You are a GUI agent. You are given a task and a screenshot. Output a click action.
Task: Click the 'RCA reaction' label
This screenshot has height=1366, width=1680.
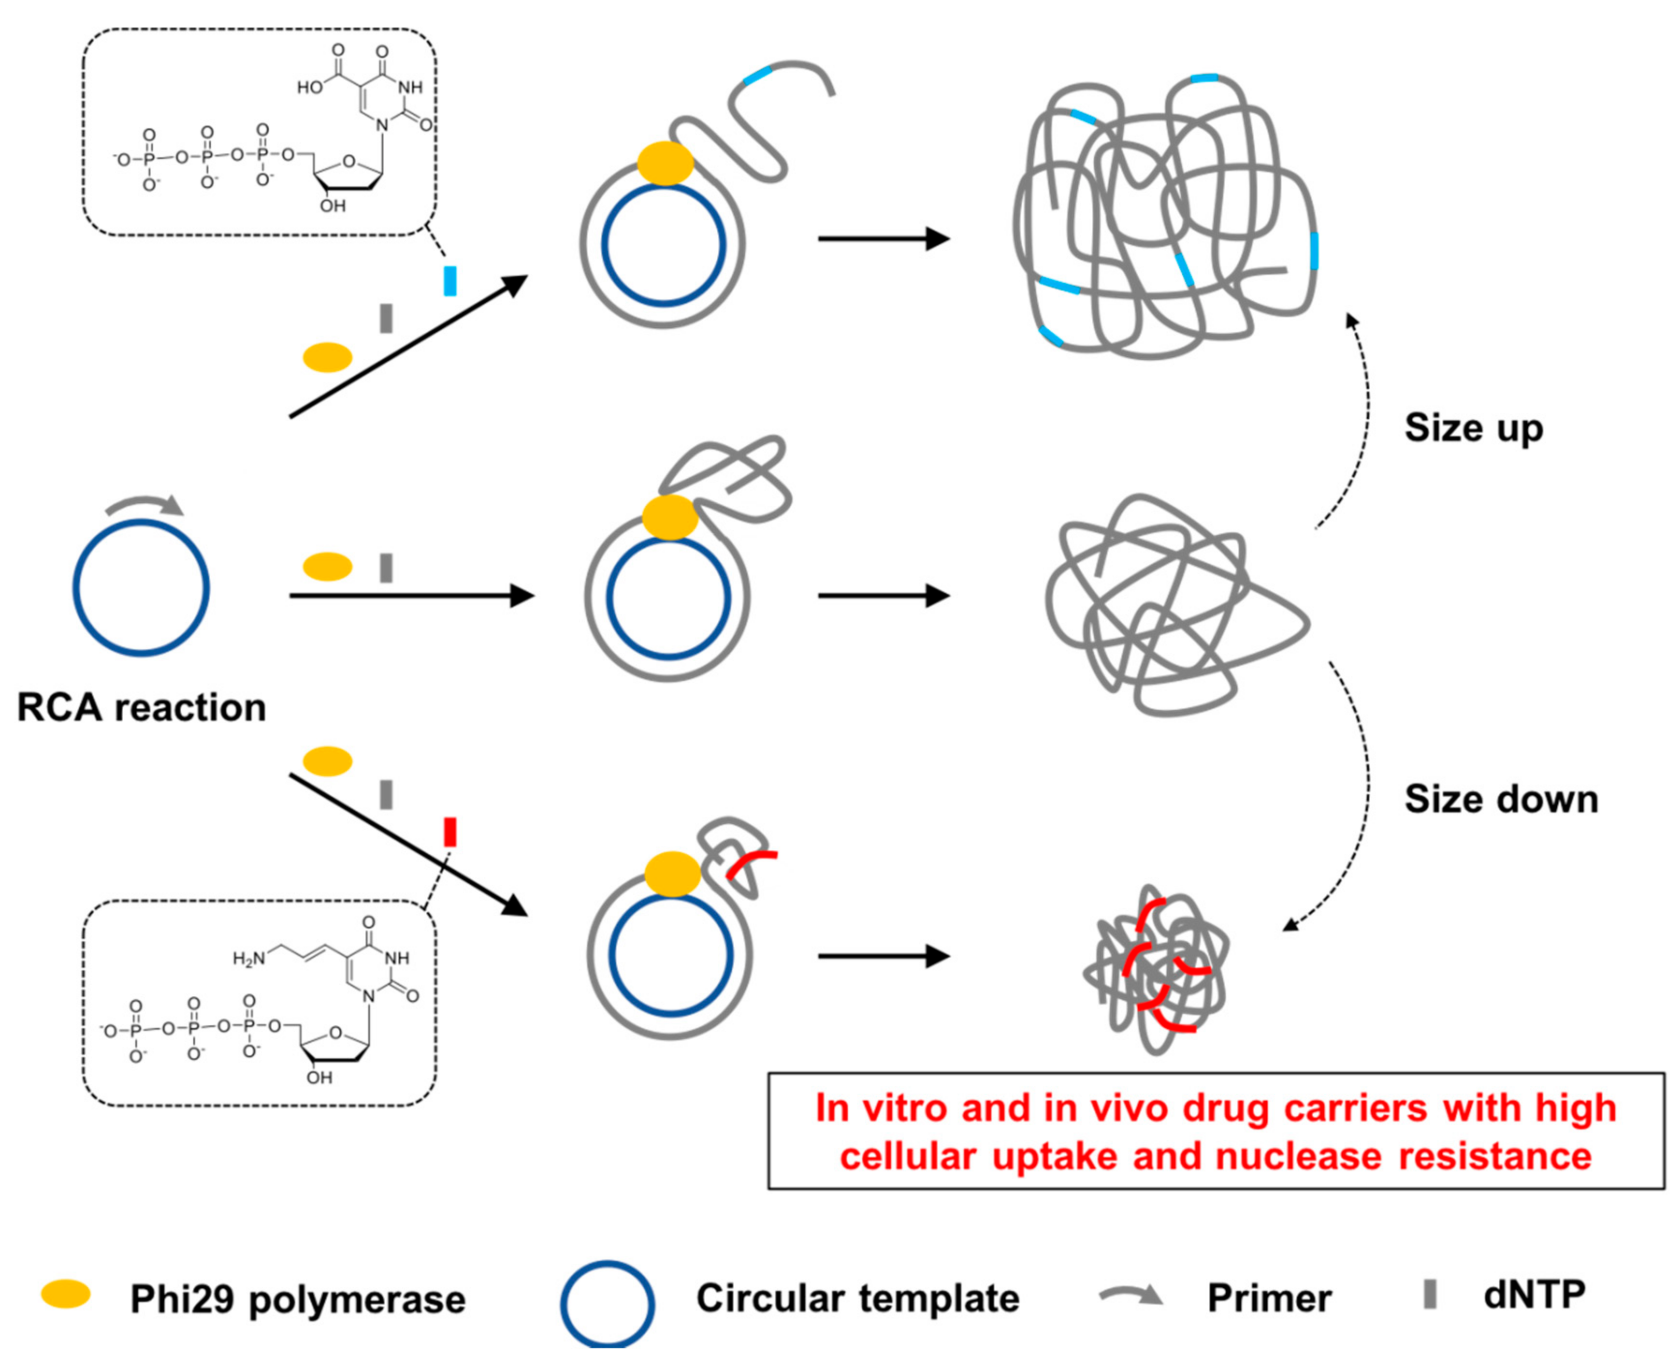(x=142, y=707)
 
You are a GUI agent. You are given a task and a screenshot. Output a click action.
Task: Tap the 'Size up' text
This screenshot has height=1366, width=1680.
(x=1473, y=429)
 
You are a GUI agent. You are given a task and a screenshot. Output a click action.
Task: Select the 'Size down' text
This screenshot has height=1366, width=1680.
(x=1501, y=799)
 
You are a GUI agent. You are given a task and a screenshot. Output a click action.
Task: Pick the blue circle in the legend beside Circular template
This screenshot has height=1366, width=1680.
(x=608, y=1304)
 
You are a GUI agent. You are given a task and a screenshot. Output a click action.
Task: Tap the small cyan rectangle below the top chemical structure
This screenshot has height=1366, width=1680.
(x=450, y=280)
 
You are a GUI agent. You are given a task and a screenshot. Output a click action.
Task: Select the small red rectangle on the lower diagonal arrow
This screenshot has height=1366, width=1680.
(x=450, y=832)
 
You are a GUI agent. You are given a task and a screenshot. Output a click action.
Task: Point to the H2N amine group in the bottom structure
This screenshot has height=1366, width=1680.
(x=248, y=959)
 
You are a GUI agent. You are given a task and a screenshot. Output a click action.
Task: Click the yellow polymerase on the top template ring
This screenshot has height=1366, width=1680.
(x=665, y=163)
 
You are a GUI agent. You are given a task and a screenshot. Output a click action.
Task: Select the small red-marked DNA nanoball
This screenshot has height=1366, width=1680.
(x=1155, y=970)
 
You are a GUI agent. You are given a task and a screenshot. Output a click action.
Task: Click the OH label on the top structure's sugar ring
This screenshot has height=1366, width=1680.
(x=332, y=206)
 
